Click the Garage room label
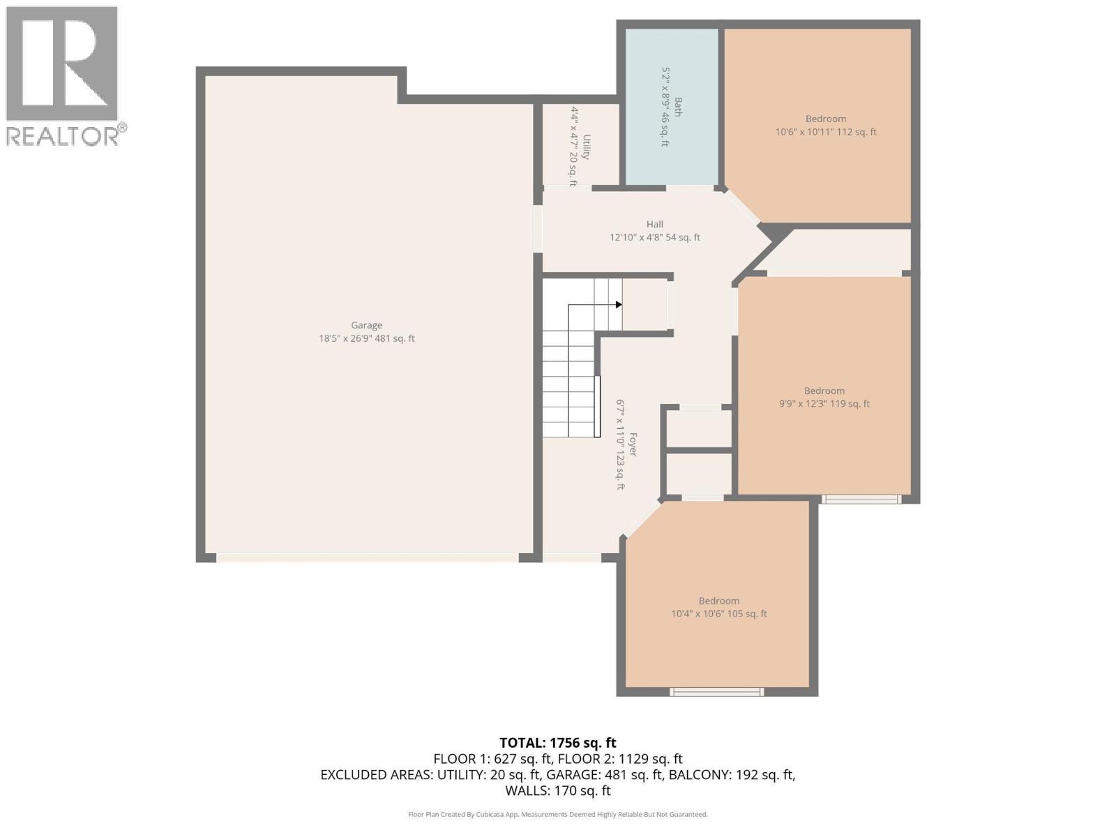click(366, 325)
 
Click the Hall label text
click(654, 225)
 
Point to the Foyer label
click(633, 444)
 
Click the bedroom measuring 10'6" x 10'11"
click(825, 126)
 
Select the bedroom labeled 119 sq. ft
click(824, 398)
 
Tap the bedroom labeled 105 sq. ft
click(718, 608)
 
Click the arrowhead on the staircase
click(619, 305)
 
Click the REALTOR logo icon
click(61, 63)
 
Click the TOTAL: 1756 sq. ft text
click(557, 743)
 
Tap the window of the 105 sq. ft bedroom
click(716, 692)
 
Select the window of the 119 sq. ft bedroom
click(860, 499)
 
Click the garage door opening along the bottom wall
click(367, 558)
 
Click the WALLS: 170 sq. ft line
click(557, 791)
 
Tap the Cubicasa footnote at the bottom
click(557, 815)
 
